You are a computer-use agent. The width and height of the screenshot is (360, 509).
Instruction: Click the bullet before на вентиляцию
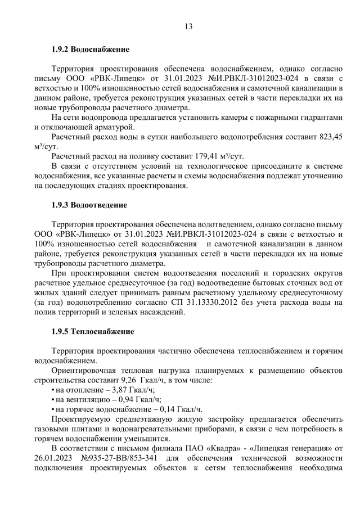(53, 399)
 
